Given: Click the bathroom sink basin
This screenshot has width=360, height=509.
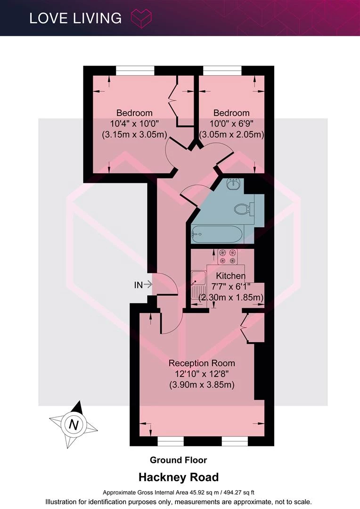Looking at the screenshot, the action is (x=233, y=183).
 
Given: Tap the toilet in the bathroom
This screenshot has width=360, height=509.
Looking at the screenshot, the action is (x=243, y=209).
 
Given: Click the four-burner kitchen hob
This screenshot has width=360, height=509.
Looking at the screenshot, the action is (x=228, y=256).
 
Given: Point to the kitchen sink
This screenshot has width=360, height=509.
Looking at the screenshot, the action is (x=198, y=284).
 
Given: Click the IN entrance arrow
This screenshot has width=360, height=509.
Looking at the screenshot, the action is (x=147, y=284).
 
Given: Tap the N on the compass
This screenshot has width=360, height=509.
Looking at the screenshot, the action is (x=74, y=425).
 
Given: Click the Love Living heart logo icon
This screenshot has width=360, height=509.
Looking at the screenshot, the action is (x=141, y=18).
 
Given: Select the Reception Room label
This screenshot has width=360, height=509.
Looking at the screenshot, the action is (x=202, y=363).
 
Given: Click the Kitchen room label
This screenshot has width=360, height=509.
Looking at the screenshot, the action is (x=231, y=276).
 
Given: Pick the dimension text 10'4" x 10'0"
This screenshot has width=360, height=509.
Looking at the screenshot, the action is (x=134, y=123).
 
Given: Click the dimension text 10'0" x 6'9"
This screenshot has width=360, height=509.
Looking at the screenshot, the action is (x=231, y=123).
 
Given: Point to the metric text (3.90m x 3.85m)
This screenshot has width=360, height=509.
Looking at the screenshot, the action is (x=202, y=385).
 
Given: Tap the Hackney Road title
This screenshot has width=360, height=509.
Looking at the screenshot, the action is (x=179, y=477).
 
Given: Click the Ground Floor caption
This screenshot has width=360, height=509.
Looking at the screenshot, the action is (x=178, y=460).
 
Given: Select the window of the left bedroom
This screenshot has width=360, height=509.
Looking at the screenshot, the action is (x=135, y=70).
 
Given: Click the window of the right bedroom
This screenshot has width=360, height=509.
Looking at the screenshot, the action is (x=222, y=70).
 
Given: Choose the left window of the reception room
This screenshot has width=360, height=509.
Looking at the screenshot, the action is (x=171, y=441).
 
